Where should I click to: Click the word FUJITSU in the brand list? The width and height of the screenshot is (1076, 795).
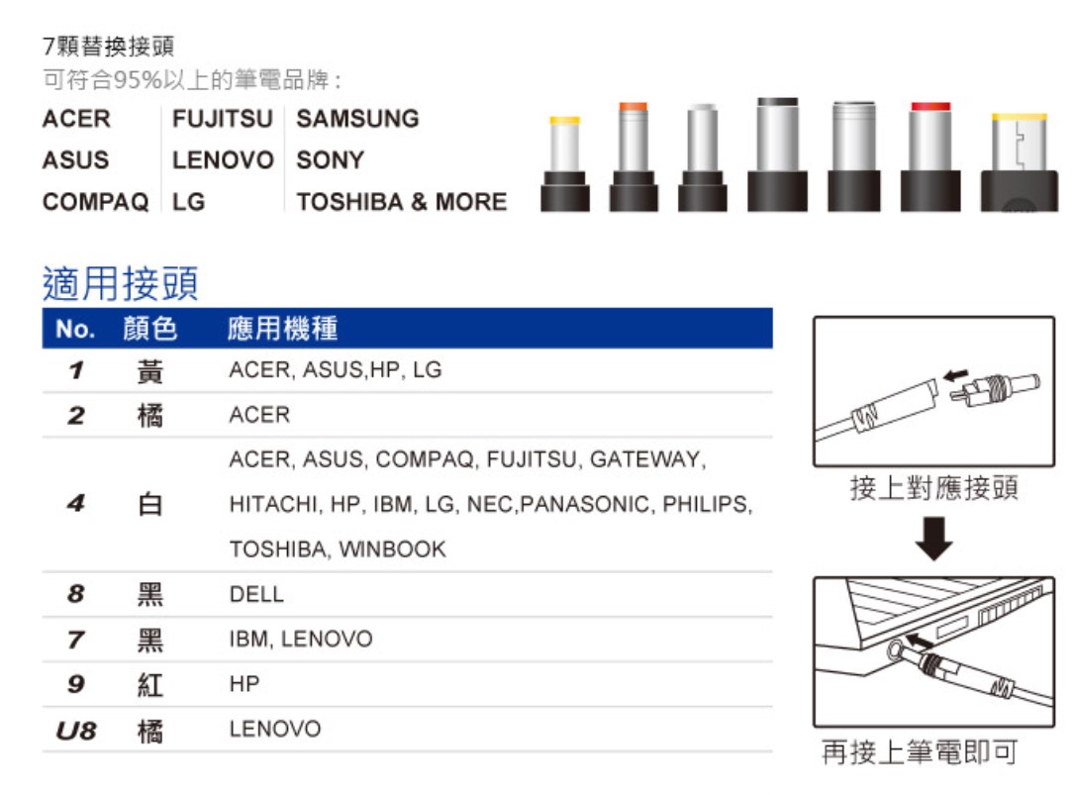pos(223,119)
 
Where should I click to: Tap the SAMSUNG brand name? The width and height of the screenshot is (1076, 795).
pos(357,119)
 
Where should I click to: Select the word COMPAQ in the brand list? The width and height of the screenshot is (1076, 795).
pos(95,202)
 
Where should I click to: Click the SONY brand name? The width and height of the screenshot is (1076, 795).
pos(330,160)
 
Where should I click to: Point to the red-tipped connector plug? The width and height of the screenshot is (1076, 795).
pos(929,156)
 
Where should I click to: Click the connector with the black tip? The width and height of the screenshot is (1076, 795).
pos(777,154)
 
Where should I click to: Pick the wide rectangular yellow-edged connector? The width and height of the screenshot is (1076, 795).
pos(1019,162)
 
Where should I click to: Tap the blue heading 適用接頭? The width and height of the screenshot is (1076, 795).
pos(120,283)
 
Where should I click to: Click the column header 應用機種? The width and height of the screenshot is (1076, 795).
pos(282,328)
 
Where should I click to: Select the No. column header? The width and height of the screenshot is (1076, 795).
pos(75,329)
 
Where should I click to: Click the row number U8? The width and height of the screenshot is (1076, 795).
pos(76,730)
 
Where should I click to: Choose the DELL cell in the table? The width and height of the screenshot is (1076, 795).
pos(256,594)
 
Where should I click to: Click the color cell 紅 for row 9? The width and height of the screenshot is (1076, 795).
pos(150,684)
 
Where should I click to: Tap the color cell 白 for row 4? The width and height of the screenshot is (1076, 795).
pos(150,505)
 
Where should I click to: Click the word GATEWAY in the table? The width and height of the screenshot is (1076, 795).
pos(647,459)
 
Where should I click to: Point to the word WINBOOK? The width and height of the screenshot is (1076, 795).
pos(393,549)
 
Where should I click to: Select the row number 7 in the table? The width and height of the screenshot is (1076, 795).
pos(76,640)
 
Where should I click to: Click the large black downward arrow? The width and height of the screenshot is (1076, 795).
pos(933,539)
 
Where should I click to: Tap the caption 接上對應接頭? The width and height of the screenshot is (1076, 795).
pos(933,488)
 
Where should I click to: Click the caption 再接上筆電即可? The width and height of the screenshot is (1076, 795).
pos(920,751)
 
